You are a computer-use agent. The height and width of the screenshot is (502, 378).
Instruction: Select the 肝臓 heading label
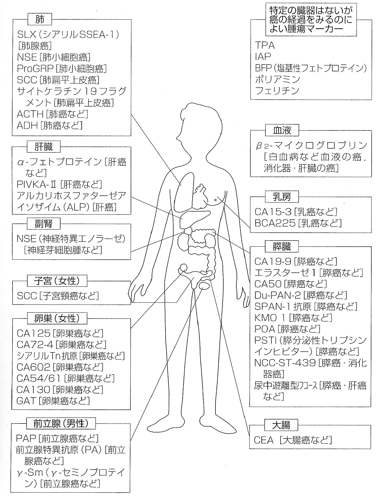pos(44,147)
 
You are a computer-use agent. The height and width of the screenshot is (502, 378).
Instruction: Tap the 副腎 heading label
pos(44,224)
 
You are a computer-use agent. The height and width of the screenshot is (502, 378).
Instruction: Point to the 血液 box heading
pos(282,131)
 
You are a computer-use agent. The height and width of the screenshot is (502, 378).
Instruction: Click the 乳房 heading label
pos(282,196)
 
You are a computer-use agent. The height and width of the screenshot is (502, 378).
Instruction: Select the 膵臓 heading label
pos(282,246)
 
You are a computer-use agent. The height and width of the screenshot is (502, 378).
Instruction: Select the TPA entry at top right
pos(265,45)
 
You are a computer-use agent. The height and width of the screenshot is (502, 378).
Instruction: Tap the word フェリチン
pos(277,91)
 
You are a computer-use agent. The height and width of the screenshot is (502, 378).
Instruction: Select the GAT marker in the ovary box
pos(26,401)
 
